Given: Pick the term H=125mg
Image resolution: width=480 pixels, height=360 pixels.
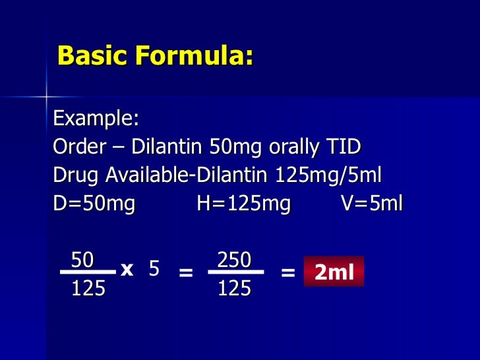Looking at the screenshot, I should pos(243,204).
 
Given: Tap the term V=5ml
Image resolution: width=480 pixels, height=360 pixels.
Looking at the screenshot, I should pos(371,204).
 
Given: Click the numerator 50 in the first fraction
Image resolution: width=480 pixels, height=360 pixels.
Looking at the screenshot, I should pos(82,260).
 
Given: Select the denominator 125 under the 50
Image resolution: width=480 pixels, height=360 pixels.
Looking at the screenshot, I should pos(88,289).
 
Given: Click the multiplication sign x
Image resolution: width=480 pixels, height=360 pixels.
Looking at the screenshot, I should pos(127,269).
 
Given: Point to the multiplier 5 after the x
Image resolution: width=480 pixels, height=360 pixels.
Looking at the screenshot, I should pos(154,269).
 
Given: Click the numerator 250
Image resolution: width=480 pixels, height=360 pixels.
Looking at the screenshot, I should pos(234,260).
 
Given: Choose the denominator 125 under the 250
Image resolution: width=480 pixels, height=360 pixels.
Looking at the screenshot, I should pos(234,289).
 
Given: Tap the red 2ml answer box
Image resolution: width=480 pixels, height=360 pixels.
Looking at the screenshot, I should pos(334,272).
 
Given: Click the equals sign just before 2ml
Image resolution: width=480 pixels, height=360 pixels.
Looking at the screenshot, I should pos(287,272).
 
